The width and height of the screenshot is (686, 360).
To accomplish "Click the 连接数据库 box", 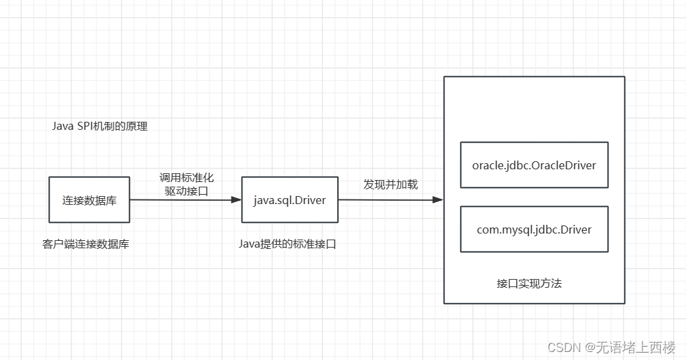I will pyautogui.click(x=89, y=200).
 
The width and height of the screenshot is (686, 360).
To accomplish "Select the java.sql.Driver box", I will pyautogui.click(x=289, y=200).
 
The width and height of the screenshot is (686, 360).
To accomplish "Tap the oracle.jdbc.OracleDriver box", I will pyautogui.click(x=533, y=165).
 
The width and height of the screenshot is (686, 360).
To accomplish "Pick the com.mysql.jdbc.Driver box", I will pyautogui.click(x=533, y=229).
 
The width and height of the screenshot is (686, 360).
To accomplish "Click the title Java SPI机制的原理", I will pyautogui.click(x=99, y=126).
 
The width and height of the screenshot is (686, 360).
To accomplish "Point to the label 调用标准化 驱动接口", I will pyautogui.click(x=186, y=184).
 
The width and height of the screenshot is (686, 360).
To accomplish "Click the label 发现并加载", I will pyautogui.click(x=390, y=184).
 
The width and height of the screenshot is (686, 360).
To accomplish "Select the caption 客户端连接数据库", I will pyautogui.click(x=86, y=244).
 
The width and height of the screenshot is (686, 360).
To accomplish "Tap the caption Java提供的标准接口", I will pyautogui.click(x=287, y=244).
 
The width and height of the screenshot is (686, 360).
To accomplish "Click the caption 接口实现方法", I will pyautogui.click(x=529, y=283).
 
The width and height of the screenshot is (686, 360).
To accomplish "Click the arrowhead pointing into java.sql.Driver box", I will pyautogui.click(x=236, y=200).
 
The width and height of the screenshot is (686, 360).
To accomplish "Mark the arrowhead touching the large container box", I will pyautogui.click(x=438, y=200).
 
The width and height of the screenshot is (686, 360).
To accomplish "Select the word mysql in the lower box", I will pyautogui.click(x=515, y=230).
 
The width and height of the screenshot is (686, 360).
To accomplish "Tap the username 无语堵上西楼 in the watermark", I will pyautogui.click(x=636, y=347).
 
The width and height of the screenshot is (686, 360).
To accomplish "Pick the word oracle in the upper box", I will pyautogui.click(x=487, y=165).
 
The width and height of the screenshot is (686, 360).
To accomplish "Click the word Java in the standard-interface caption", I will pyautogui.click(x=249, y=244).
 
